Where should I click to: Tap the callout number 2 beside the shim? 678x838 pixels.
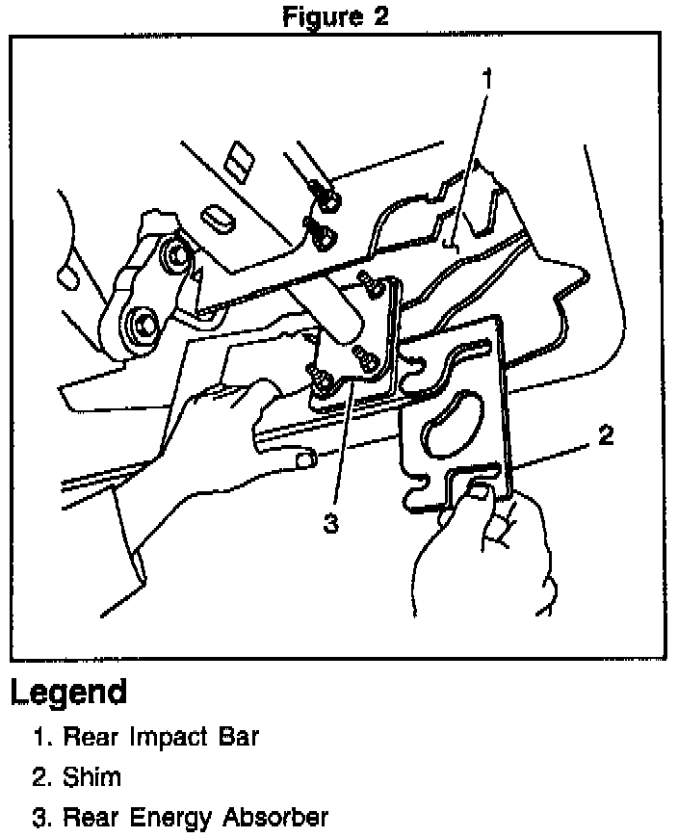coord(605,436)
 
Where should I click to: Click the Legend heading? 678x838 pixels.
coord(68,692)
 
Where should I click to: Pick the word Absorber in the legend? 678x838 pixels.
coord(275,818)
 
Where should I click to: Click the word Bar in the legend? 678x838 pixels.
coord(240,738)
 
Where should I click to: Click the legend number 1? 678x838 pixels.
coord(39,739)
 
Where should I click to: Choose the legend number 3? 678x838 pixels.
coord(39,819)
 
